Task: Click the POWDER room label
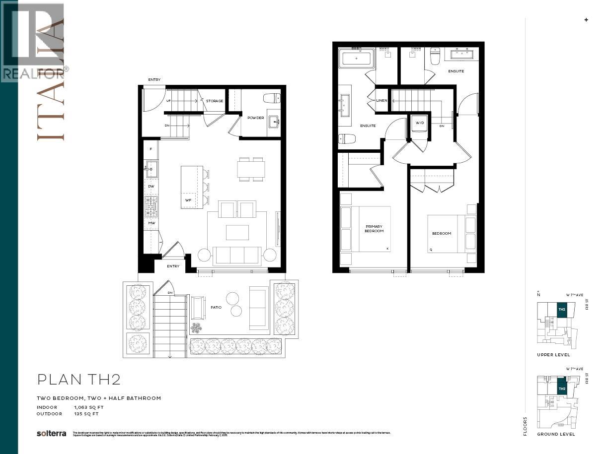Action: pyautogui.click(x=255, y=118)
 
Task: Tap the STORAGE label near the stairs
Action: pyautogui.click(x=215, y=101)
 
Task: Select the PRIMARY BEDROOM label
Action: pyautogui.click(x=374, y=229)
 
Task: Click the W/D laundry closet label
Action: pyautogui.click(x=419, y=123)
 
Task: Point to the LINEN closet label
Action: pyautogui.click(x=381, y=101)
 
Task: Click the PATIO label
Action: pyautogui.click(x=216, y=308)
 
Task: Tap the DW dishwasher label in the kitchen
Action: pyautogui.click(x=151, y=186)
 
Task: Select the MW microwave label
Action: pyautogui.click(x=151, y=223)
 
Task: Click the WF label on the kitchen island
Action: pyautogui.click(x=188, y=200)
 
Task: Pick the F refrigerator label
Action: pyautogui.click(x=151, y=148)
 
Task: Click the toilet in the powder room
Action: pyautogui.click(x=272, y=97)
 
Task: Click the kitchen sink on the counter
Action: pyautogui.click(x=151, y=169)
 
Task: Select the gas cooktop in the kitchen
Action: pyautogui.click(x=151, y=206)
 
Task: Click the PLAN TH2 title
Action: pyautogui.click(x=79, y=380)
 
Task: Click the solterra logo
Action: pyautogui.click(x=51, y=433)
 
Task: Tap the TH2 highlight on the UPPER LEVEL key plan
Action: pyautogui.click(x=562, y=310)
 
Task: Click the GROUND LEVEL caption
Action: pyautogui.click(x=556, y=434)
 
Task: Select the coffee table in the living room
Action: pyautogui.click(x=237, y=232)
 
